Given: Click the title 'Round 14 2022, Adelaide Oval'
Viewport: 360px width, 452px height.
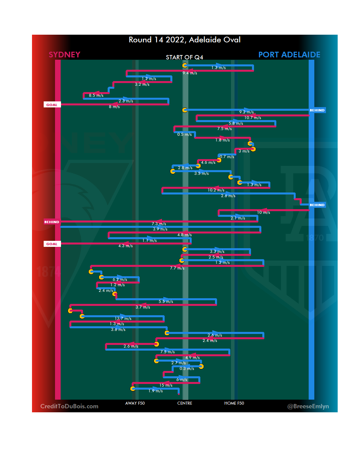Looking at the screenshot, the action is (185, 40).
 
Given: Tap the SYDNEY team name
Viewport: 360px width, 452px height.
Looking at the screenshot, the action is (64, 55).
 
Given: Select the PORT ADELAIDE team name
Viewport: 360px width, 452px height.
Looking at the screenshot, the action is (289, 55).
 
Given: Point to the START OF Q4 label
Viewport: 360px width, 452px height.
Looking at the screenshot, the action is (184, 57).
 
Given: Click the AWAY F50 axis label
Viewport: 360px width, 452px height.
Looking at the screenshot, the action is (135, 403).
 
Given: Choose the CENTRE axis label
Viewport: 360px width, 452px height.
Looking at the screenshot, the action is (185, 403).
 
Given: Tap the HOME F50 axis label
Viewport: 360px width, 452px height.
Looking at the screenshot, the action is (234, 403).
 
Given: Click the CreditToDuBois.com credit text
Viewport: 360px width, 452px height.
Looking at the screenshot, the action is (69, 406).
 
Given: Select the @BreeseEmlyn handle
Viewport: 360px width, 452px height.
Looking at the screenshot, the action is (308, 406).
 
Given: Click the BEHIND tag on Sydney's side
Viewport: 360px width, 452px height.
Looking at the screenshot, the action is (52, 222).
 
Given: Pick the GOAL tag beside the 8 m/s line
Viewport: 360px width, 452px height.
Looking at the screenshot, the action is (52, 105).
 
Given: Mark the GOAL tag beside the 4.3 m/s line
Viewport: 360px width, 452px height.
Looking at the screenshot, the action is (52, 244).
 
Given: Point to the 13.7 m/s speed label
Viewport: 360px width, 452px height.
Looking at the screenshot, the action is (123, 319).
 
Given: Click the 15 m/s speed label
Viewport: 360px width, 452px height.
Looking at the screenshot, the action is (166, 385).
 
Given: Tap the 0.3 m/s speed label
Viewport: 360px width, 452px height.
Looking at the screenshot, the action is (187, 369).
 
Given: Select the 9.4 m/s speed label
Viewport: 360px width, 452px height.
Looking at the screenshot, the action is (190, 73).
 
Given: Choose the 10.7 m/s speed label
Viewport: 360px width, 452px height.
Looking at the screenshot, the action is (253, 118).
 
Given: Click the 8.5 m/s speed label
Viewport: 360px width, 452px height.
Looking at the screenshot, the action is (96, 95).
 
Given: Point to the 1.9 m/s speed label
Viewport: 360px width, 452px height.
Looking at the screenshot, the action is (156, 391).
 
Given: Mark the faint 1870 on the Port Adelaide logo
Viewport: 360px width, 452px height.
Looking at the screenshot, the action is (315, 238).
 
